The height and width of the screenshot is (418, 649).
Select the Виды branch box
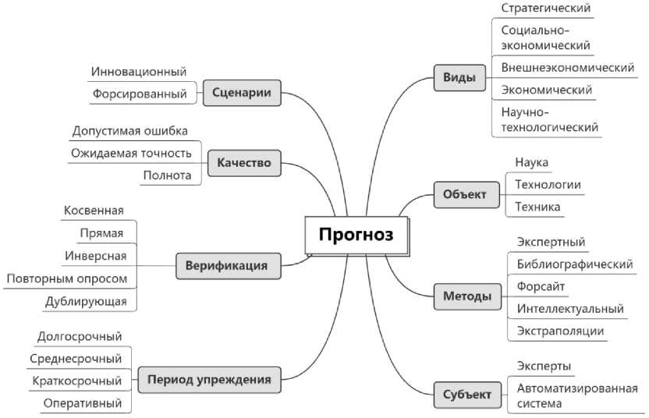[459, 78]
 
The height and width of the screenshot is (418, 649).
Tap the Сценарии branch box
[241, 94]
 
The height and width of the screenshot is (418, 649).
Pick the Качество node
[244, 163]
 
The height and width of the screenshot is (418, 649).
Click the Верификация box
[226, 265]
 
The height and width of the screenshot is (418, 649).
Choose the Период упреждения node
[209, 380]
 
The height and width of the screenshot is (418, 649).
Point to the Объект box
[464, 194]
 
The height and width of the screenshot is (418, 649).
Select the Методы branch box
[467, 296]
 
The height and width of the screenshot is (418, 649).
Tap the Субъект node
[466, 395]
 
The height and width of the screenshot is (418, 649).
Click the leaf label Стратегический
[545, 8]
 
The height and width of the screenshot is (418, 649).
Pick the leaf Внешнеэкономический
[567, 68]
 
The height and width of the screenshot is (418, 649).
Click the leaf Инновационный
[139, 72]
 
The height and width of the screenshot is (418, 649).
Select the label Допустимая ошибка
[129, 130]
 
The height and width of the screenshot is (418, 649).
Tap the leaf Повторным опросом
[66, 278]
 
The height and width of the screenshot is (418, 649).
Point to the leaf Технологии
[548, 185]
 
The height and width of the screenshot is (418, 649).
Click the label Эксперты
[544, 366]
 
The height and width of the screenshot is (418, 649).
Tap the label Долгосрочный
[80, 336]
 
